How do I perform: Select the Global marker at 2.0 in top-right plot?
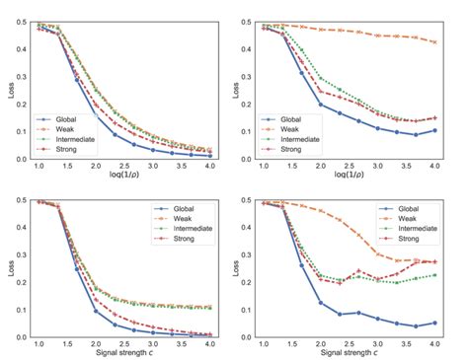[321, 104]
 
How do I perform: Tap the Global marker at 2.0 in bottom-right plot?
[321, 303]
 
